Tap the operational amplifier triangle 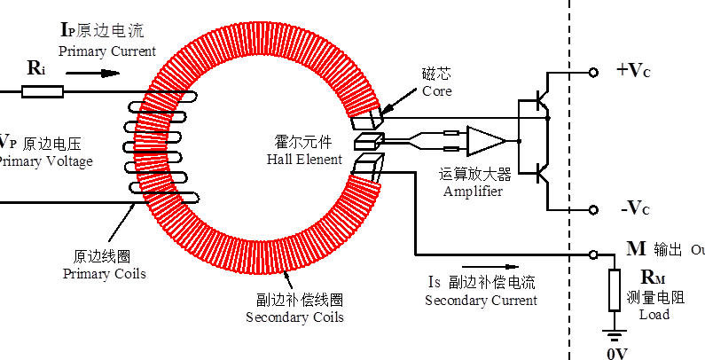coord(484,140)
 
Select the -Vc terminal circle coord(593,210)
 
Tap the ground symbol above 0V coord(614,334)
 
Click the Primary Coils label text coord(104,274)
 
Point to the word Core coord(436,91)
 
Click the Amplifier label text coord(473,192)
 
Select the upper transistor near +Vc coord(542,104)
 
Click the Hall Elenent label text coord(303,160)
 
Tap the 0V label coord(616,353)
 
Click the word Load coord(654,314)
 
